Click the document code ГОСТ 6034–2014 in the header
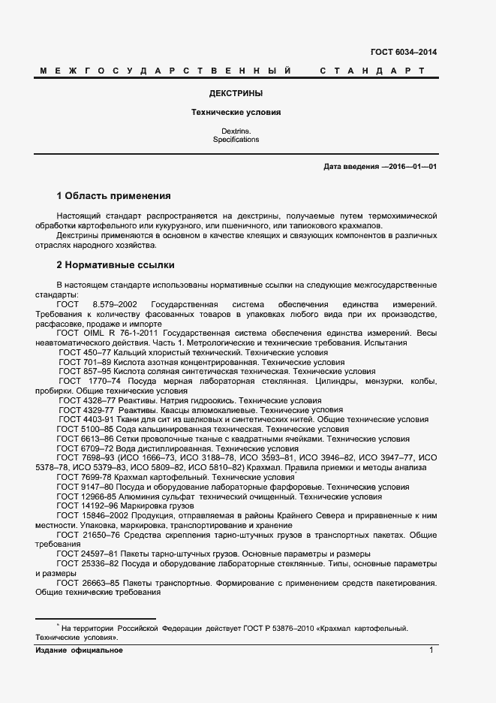tap(404, 53)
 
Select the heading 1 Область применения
tap(114, 196)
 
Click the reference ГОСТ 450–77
tap(83, 352)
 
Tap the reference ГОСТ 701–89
tap(83, 362)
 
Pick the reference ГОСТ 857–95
tap(83, 371)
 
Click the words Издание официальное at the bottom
tap(79, 650)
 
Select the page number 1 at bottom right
tap(432, 650)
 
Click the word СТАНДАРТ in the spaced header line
tap(372, 71)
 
